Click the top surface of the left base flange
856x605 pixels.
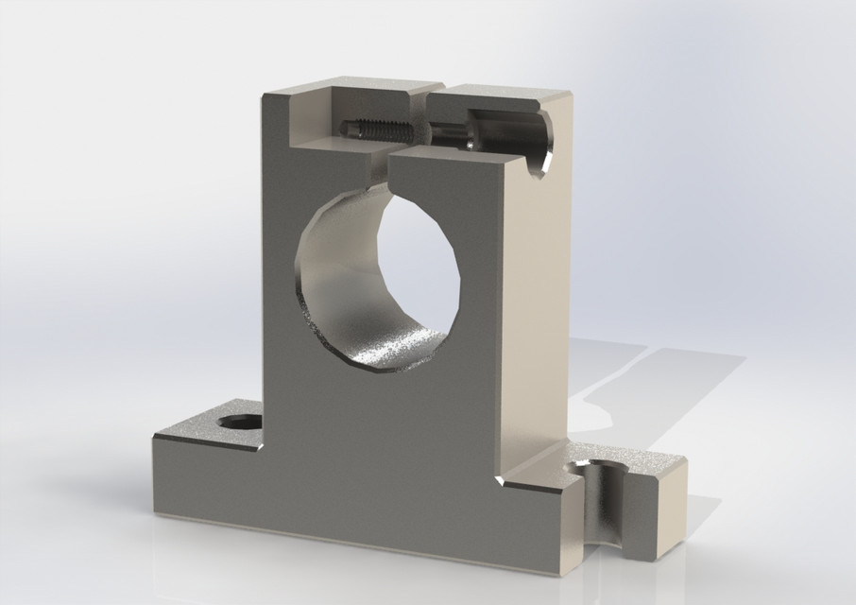tap(203, 430)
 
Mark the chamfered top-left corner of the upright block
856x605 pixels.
tap(269, 95)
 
